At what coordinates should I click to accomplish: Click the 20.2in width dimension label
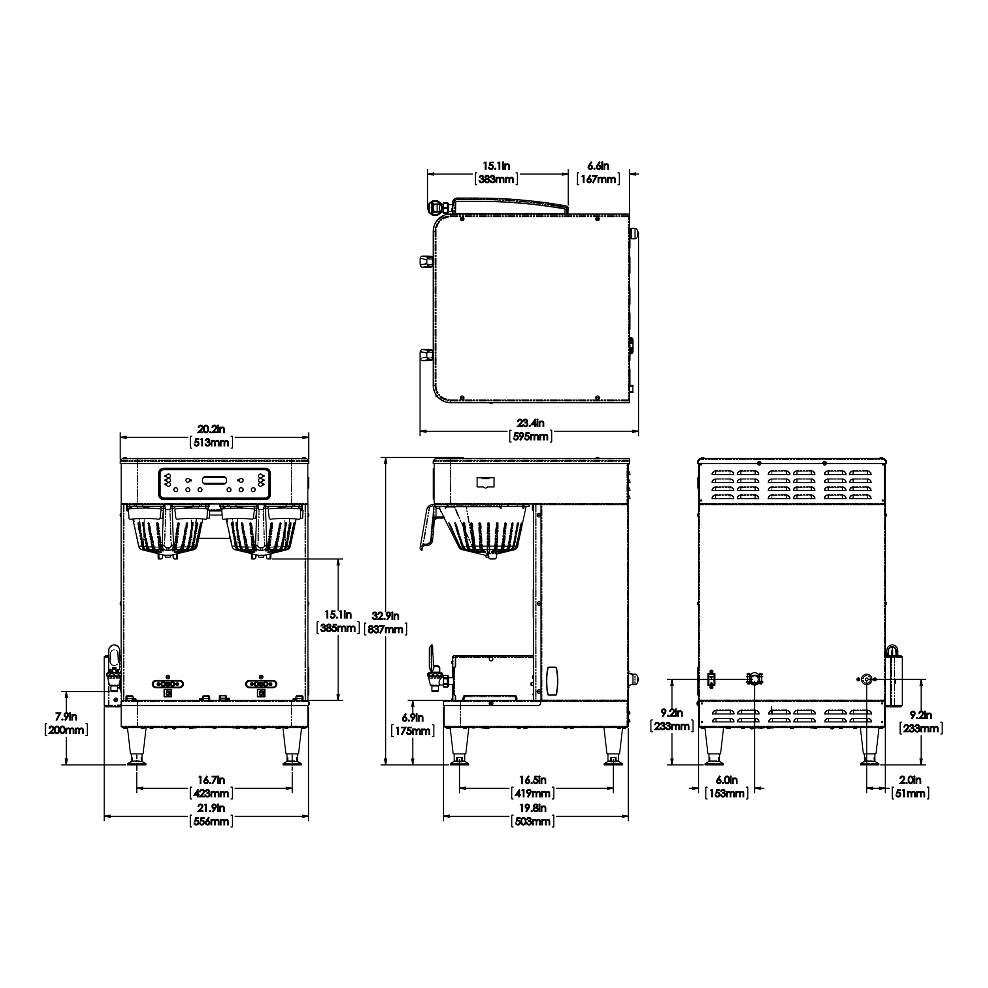pyautogui.click(x=211, y=436)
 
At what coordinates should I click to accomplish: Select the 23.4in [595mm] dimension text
pyautogui.click(x=530, y=430)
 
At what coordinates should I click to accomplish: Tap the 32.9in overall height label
pyautogui.click(x=386, y=622)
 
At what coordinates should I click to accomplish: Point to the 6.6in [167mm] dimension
pyautogui.click(x=598, y=172)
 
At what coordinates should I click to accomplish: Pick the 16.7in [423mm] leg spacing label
pyautogui.click(x=211, y=786)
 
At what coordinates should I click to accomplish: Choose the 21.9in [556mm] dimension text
pyautogui.click(x=211, y=815)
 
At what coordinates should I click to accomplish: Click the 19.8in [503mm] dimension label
pyautogui.click(x=532, y=815)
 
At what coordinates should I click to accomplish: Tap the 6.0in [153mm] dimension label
pyautogui.click(x=726, y=786)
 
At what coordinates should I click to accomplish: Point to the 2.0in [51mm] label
pyautogui.click(x=910, y=786)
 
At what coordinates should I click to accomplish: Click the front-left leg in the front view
pyautogui.click(x=136, y=747)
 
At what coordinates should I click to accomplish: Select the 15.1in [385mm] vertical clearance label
pyautogui.click(x=338, y=621)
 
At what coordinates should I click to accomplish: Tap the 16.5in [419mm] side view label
pyautogui.click(x=532, y=786)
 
